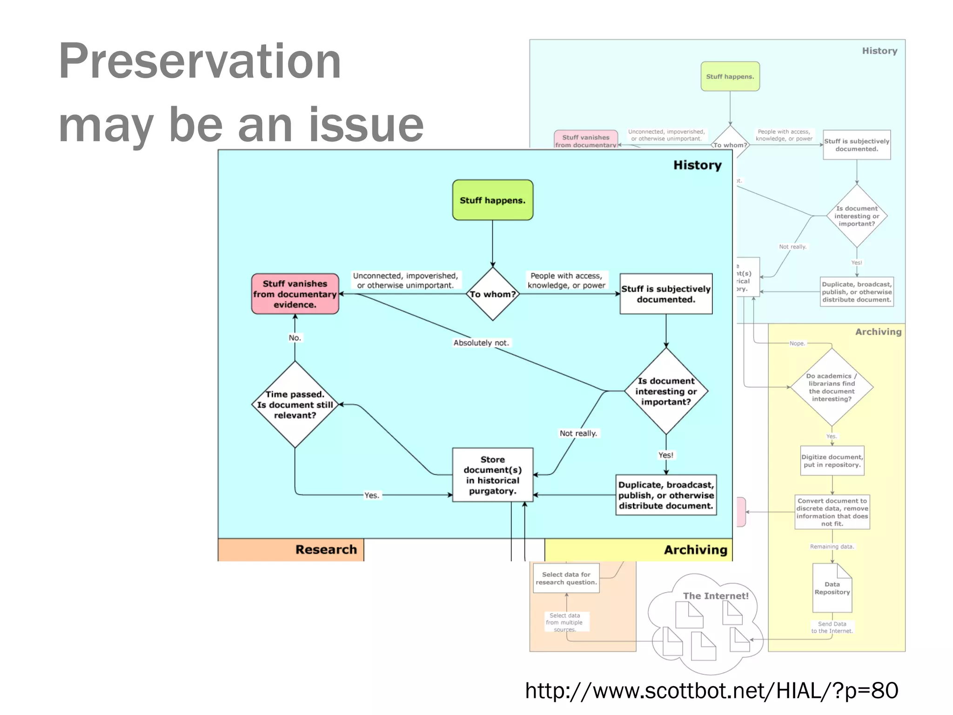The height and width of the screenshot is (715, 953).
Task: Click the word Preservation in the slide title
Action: [200, 61]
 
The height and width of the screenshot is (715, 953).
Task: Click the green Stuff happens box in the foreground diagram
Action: [492, 200]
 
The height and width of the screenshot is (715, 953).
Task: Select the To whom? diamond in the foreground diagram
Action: [492, 294]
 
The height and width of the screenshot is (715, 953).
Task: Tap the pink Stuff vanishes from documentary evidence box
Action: [295, 294]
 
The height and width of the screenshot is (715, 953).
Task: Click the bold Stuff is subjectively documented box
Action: [666, 294]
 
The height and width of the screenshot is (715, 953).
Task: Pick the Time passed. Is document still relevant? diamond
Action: [295, 405]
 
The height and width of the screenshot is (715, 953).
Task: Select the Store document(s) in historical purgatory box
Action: [492, 475]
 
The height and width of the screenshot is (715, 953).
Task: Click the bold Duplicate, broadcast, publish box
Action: [666, 495]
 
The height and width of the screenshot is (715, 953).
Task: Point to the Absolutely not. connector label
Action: [481, 343]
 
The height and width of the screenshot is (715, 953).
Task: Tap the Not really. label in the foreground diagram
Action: [578, 433]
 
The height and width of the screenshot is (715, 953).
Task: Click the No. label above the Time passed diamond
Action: [295, 338]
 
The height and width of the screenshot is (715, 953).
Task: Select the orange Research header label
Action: [326, 550]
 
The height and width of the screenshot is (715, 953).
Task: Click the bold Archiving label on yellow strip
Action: [695, 550]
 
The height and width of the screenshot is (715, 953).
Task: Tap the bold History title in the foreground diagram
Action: [697, 165]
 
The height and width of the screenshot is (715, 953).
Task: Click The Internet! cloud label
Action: [716, 596]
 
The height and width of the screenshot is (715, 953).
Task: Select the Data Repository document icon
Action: [832, 588]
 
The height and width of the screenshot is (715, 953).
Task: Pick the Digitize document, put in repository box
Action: [832, 461]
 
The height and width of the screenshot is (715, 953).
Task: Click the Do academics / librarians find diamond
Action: [832, 387]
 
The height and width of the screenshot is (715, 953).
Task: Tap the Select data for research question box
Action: [566, 578]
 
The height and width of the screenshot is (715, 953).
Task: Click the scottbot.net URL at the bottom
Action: [711, 691]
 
